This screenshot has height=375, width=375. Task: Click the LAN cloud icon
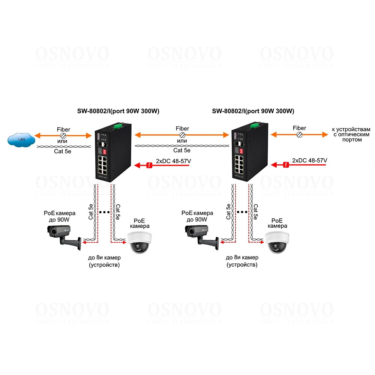point(21,140)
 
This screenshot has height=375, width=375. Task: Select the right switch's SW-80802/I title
point(253,111)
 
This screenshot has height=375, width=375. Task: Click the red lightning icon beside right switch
point(286,165)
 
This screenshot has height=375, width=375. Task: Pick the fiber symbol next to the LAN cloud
point(63,135)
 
